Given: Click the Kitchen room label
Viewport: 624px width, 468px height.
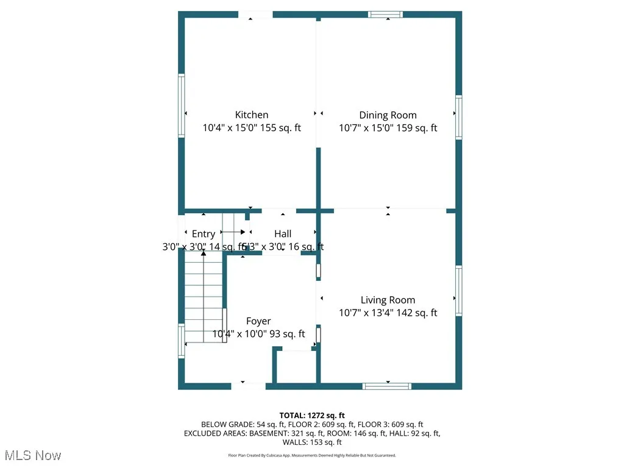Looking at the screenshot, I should click(252, 115).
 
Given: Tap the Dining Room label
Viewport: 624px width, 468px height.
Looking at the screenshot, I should click(388, 115).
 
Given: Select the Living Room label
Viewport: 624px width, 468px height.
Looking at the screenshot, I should click(388, 300).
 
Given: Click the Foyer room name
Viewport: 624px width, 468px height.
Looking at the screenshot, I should click(258, 321).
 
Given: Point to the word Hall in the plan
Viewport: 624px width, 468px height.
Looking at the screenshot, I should click(283, 233).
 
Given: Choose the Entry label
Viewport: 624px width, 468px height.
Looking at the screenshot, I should click(203, 234).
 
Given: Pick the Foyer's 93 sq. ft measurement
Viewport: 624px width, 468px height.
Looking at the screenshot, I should click(285, 334).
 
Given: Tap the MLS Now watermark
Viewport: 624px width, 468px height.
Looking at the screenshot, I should click(32, 455).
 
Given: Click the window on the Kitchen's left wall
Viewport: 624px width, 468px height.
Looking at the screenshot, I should click(181, 105).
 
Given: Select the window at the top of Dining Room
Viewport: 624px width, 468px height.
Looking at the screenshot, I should click(386, 15).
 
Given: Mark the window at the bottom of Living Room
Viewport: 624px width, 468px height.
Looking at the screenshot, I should click(387, 386).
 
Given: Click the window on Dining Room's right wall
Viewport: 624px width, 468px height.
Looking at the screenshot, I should click(459, 117).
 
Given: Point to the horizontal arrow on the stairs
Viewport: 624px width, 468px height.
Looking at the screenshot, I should click(234, 232).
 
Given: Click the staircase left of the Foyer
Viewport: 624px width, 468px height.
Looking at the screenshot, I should click(205, 299).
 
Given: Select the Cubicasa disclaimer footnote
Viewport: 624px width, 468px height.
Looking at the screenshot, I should click(312, 455).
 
